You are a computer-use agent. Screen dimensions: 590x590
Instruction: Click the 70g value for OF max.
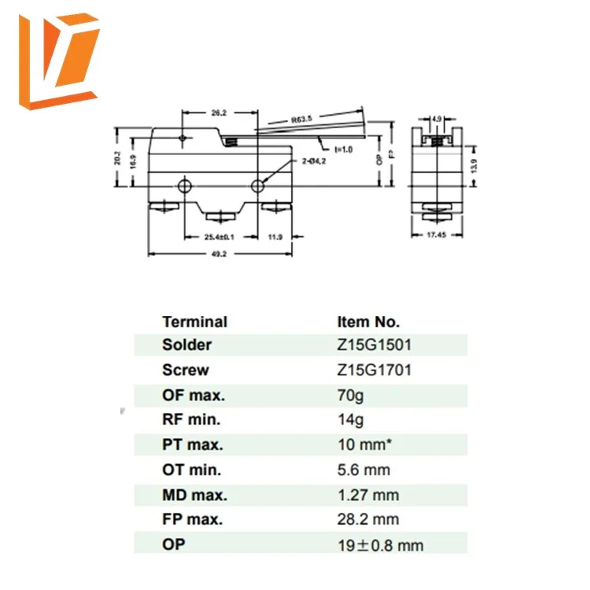pos(349,395)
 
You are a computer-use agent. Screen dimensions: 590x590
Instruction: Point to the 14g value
pos(349,420)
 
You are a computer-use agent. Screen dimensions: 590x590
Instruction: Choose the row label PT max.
pos(193,444)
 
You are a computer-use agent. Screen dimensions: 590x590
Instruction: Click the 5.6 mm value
pos(363,470)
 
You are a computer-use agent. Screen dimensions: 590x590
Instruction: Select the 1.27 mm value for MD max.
pos(367,495)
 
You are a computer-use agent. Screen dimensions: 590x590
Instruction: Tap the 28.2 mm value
pos(367,519)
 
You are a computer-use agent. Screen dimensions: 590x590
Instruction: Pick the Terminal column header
pos(194,322)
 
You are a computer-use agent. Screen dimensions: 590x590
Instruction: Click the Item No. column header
pos(368,322)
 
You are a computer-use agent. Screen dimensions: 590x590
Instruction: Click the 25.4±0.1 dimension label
pos(219,237)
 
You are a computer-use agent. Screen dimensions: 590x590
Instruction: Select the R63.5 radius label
pos(302,120)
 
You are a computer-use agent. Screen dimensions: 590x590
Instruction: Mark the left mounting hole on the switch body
pos(184,186)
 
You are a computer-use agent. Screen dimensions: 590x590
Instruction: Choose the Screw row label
pos(186,370)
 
